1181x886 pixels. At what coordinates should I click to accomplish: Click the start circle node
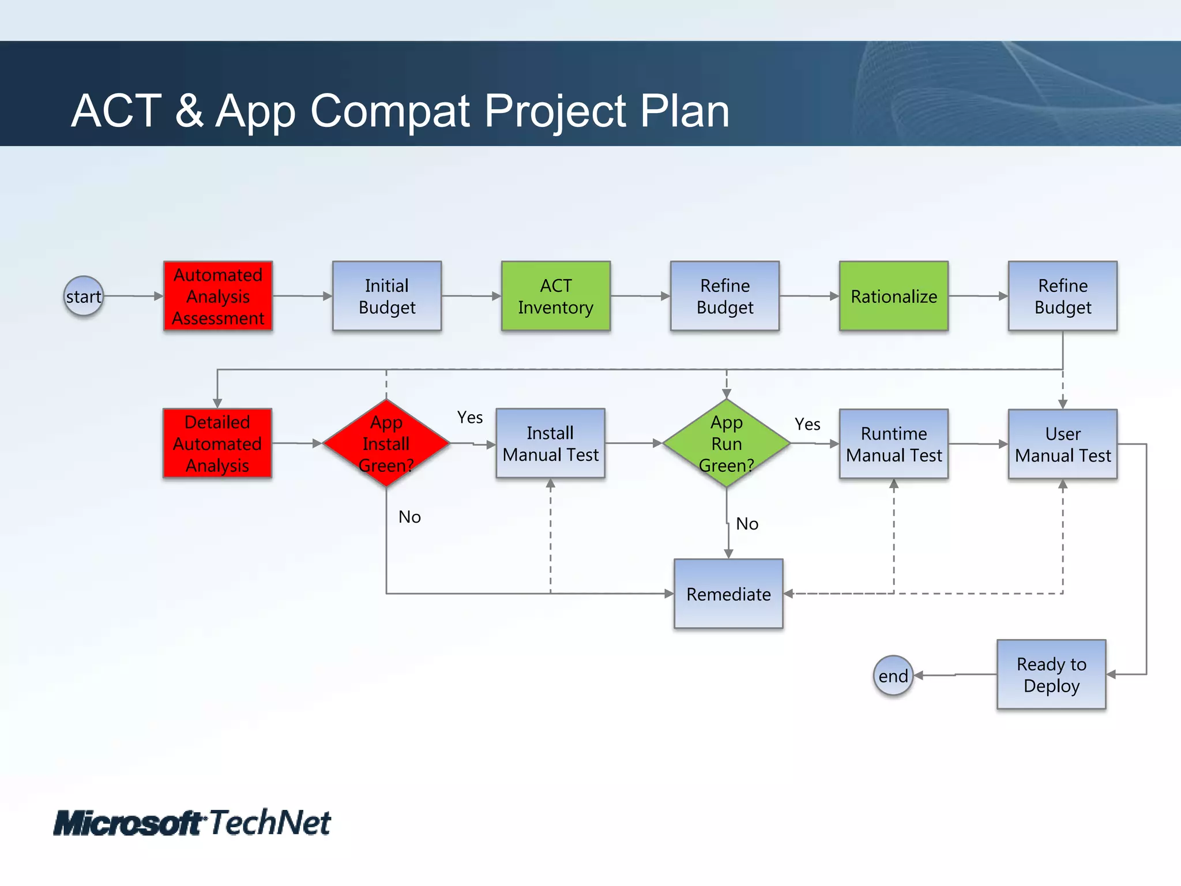[x=84, y=296]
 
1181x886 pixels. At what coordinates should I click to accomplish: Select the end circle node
[x=893, y=675]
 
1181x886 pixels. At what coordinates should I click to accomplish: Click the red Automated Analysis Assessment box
[x=218, y=296]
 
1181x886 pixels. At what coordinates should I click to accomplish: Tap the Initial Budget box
[x=387, y=296]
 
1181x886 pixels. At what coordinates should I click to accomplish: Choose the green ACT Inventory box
[x=555, y=296]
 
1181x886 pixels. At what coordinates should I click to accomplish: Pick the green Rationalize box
[x=893, y=296]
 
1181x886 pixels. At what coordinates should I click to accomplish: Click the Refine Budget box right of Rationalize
[x=1062, y=296]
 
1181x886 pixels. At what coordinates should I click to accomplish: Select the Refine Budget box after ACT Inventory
[x=724, y=296]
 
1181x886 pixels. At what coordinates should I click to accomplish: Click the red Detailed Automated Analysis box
[x=217, y=444]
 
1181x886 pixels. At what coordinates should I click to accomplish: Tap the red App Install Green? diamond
[x=386, y=444]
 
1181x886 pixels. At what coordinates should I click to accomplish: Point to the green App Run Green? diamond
[x=726, y=444]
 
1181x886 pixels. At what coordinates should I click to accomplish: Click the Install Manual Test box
[x=550, y=444]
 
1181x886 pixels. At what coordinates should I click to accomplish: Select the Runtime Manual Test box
[x=893, y=444]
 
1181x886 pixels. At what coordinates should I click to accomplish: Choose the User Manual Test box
[x=1062, y=444]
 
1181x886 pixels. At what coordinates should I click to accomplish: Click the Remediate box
[x=728, y=594]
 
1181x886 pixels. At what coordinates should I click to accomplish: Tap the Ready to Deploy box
[x=1051, y=674]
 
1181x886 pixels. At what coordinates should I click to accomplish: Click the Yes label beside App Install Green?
[x=470, y=417]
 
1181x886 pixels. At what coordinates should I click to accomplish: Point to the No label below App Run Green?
[x=747, y=524]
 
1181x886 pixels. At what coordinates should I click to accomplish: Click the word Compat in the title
[x=390, y=111]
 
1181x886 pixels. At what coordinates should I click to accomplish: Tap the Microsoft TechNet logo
[x=192, y=823]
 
